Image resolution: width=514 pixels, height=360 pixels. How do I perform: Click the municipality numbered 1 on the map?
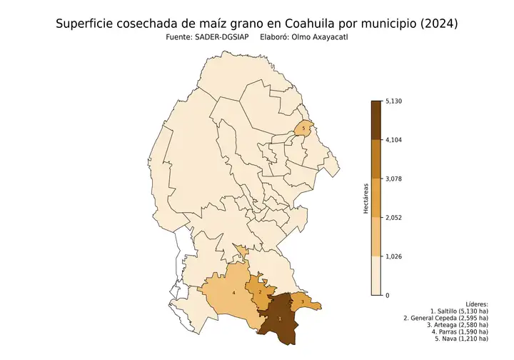tap(280, 319)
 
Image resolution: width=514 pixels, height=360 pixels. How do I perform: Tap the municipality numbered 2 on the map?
tap(261, 291)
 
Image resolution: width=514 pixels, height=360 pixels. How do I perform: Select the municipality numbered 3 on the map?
tap(303, 302)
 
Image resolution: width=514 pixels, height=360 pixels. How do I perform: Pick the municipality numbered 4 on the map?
tap(234, 294)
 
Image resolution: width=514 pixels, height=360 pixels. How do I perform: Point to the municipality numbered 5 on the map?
tap(305, 129)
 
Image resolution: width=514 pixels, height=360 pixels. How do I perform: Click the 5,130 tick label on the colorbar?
tap(395, 101)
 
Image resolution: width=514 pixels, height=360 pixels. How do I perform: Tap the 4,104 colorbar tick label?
tap(395, 140)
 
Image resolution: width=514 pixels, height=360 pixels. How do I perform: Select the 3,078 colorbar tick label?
tap(395, 179)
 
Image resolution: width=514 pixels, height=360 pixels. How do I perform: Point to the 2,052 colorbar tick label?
tap(395, 218)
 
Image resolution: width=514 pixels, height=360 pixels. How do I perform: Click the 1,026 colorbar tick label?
tap(395, 256)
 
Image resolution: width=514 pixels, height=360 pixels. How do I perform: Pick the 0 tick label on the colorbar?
tap(388, 295)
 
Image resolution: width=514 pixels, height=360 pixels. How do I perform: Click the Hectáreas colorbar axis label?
tap(366, 199)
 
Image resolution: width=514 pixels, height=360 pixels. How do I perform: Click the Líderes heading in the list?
tap(476, 304)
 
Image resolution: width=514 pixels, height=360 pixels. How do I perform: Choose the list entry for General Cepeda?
tap(445, 318)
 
